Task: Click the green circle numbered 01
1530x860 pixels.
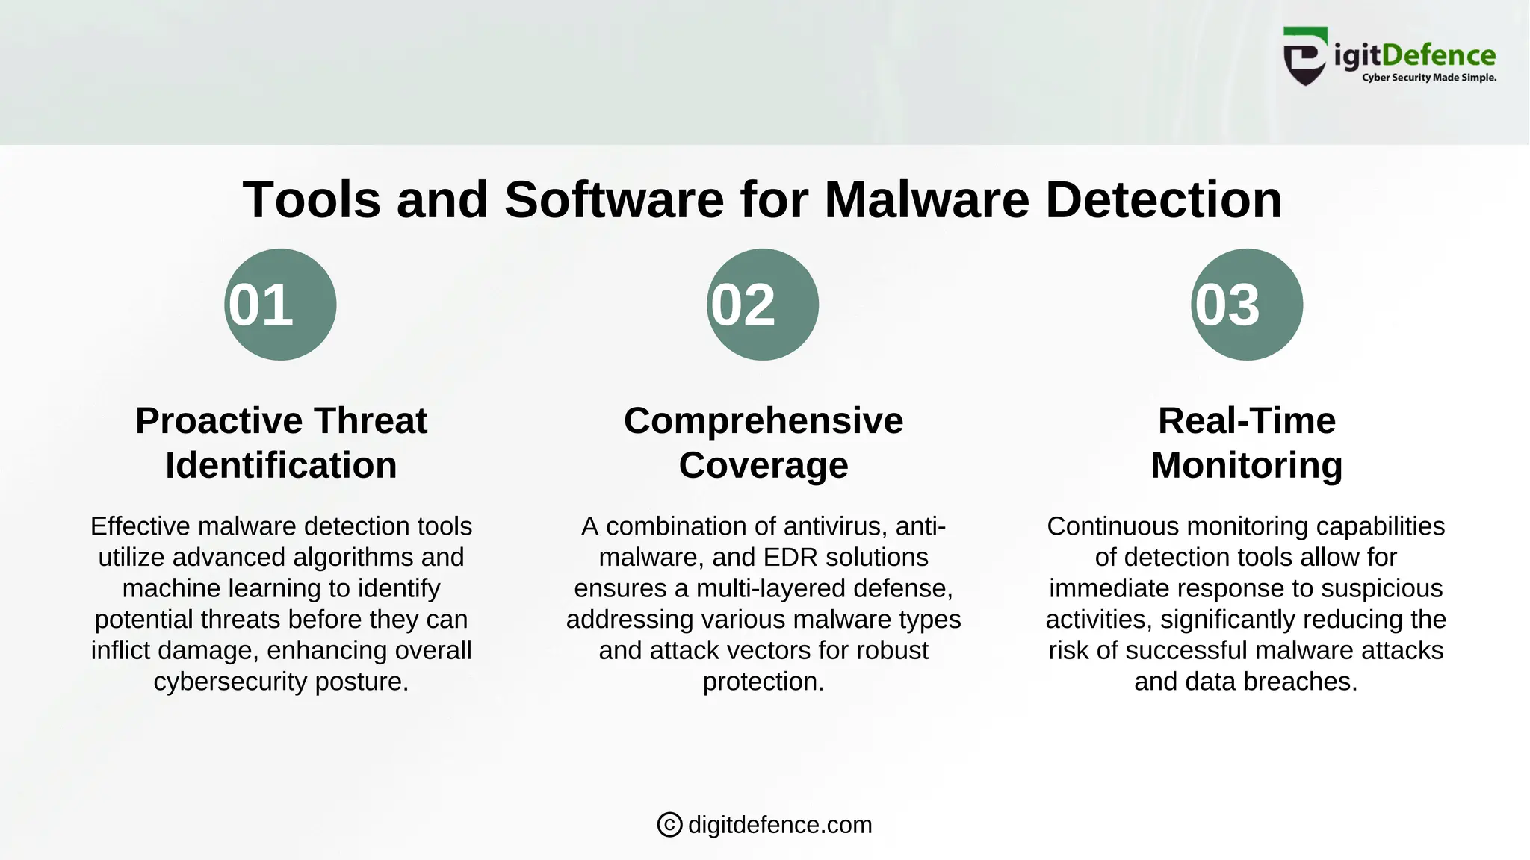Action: click(280, 305)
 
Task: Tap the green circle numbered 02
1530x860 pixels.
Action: click(763, 305)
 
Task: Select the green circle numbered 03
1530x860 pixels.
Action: click(1247, 305)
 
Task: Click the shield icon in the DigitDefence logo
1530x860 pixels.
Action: click(1305, 57)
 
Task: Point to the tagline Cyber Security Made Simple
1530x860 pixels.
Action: click(1428, 78)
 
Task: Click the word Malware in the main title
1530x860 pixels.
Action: click(926, 200)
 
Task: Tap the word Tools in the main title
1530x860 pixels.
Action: click(312, 200)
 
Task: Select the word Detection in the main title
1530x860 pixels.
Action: click(1163, 200)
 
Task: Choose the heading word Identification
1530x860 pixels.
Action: click(281, 465)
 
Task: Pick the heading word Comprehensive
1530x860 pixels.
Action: click(764, 420)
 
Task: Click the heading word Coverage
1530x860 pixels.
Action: click(764, 465)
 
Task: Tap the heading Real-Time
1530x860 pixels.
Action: click(1247, 420)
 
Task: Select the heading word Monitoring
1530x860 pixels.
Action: click(1247, 465)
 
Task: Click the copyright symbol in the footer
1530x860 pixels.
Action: click(669, 825)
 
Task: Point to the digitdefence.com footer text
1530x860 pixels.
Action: click(780, 825)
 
